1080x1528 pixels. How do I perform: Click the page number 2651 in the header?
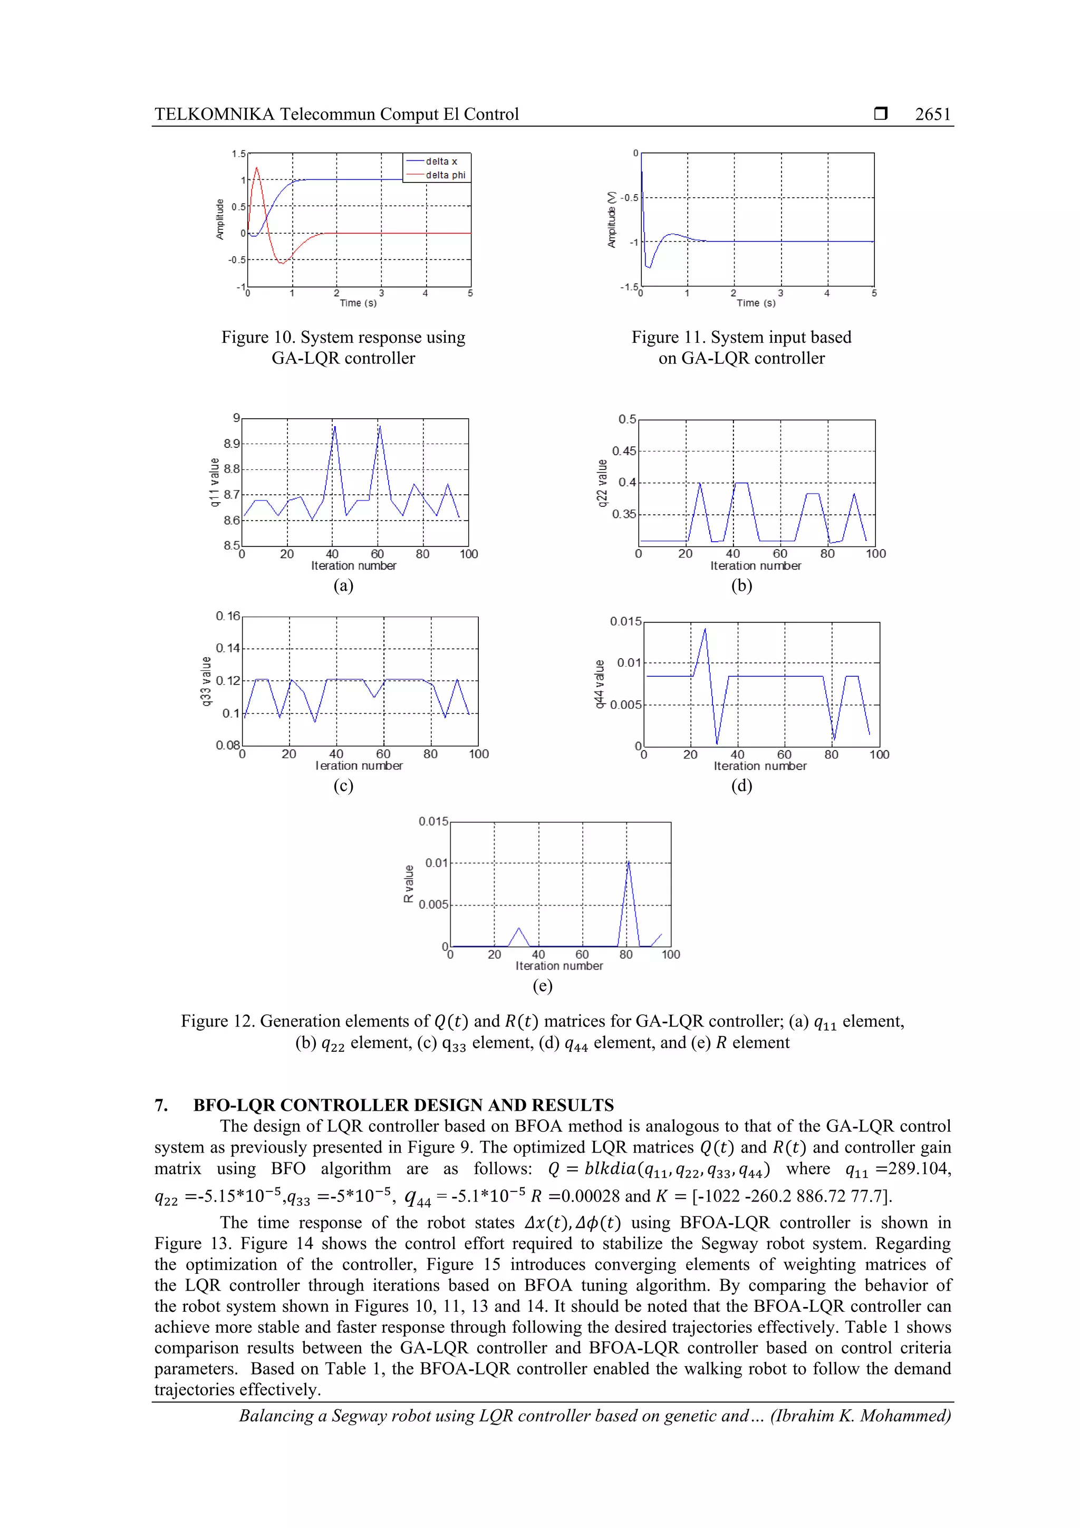click(x=932, y=114)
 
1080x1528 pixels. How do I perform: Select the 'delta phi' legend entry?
click(x=445, y=175)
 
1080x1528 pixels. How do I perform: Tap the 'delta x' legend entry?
click(x=441, y=161)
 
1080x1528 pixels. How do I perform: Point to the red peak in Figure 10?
click(x=257, y=168)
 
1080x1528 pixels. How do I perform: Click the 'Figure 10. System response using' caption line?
click(x=343, y=338)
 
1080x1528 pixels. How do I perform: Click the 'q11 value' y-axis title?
click(x=214, y=482)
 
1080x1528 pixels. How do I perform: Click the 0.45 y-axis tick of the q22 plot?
click(x=623, y=451)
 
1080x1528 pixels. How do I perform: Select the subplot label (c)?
click(x=343, y=785)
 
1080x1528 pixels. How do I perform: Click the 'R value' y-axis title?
click(x=409, y=884)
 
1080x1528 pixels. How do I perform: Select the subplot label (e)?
click(x=542, y=986)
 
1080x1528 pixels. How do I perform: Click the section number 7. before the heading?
click(x=161, y=1105)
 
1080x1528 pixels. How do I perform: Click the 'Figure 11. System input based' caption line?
click(x=741, y=338)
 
